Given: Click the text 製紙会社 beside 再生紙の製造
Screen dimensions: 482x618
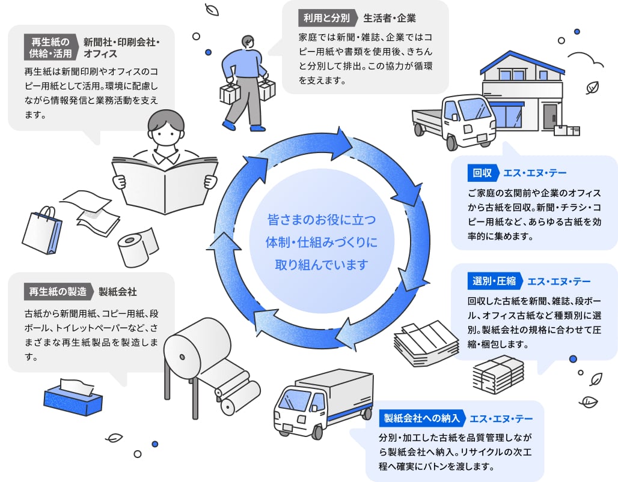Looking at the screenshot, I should [x=118, y=292].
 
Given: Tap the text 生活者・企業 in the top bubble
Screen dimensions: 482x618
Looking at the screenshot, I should [x=390, y=17].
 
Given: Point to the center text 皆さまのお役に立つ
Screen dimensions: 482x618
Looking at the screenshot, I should [x=312, y=220].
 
